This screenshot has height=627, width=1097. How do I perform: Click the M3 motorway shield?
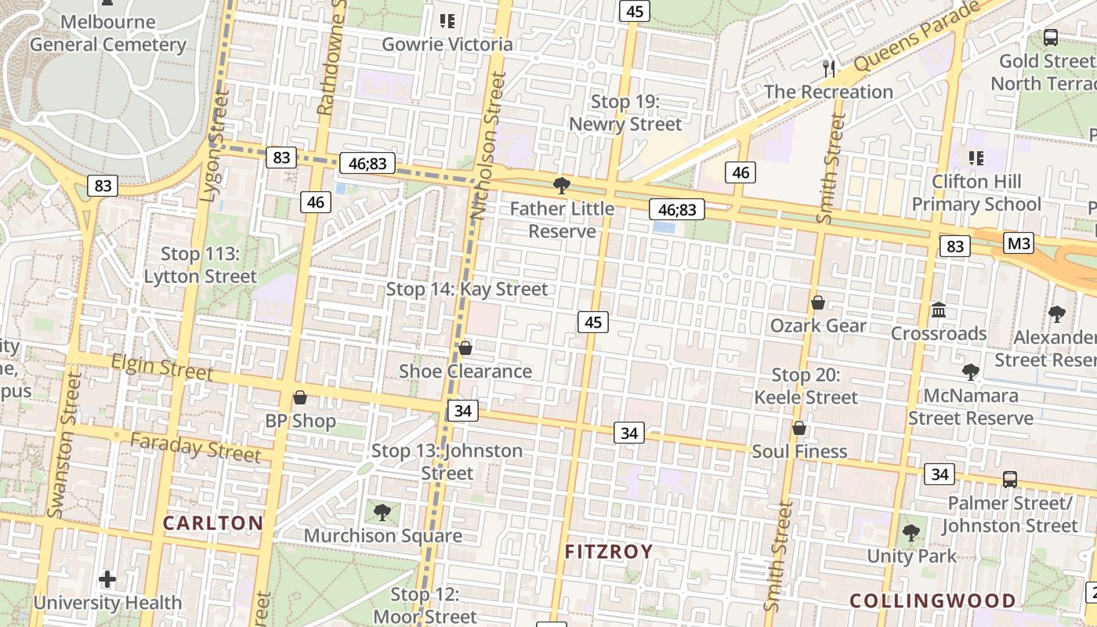pyautogui.click(x=1019, y=243)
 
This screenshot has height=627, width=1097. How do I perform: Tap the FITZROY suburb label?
pyautogui.click(x=609, y=552)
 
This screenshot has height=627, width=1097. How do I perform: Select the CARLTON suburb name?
pyautogui.click(x=212, y=523)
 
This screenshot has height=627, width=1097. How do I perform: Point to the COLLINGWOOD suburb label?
pyautogui.click(x=932, y=601)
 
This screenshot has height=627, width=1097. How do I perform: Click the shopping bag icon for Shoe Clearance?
pyautogui.click(x=465, y=348)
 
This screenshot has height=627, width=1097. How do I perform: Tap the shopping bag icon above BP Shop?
pyautogui.click(x=299, y=397)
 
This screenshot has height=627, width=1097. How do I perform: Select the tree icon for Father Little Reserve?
pyautogui.click(x=561, y=186)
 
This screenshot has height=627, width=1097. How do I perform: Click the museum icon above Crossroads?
pyautogui.click(x=939, y=310)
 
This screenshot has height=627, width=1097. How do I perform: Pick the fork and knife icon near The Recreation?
pyautogui.click(x=829, y=68)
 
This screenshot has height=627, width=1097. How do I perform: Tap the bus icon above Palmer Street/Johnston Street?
pyautogui.click(x=1010, y=479)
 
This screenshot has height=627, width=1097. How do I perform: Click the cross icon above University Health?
pyautogui.click(x=107, y=580)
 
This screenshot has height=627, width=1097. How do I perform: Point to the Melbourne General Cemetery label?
pyautogui.click(x=108, y=33)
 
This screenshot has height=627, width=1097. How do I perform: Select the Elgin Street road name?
pyautogui.click(x=162, y=366)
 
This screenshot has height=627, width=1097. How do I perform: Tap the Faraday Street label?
pyautogui.click(x=195, y=447)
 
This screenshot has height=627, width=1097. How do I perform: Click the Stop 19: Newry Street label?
pyautogui.click(x=625, y=113)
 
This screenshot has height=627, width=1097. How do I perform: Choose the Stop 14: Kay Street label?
pyautogui.click(x=467, y=289)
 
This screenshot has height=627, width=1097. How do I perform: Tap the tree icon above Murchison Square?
pyautogui.click(x=382, y=513)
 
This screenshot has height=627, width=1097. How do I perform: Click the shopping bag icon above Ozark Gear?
pyautogui.click(x=818, y=303)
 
